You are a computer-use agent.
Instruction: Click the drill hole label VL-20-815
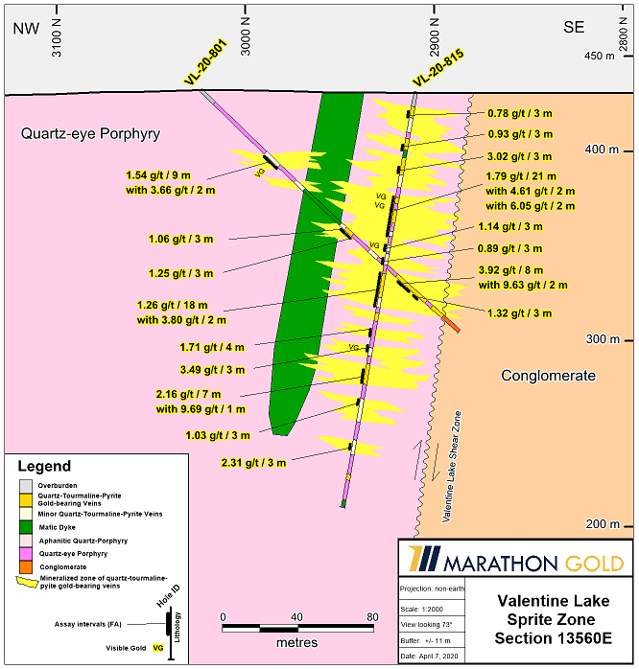(438, 68)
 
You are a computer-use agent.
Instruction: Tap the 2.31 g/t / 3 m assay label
(253, 463)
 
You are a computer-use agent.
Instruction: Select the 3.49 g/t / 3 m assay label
(213, 369)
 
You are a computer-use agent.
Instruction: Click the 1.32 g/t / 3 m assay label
(519, 312)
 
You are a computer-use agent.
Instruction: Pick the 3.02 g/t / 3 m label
(519, 156)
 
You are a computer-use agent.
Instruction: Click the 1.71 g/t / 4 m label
(212, 347)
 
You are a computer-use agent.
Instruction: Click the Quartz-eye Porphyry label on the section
(90, 134)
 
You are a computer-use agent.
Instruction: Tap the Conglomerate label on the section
(548, 376)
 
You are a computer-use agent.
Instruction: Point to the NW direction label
(26, 27)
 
